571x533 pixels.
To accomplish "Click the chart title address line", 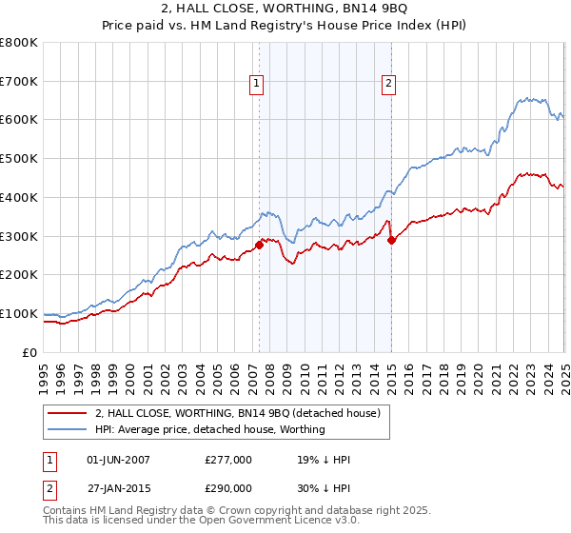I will [x=285, y=11].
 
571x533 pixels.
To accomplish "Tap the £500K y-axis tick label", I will [x=19, y=158].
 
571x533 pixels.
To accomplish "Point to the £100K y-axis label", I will [x=19, y=313].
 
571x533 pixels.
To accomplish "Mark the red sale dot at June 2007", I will [x=259, y=245].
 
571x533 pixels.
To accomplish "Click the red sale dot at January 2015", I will [x=391, y=240].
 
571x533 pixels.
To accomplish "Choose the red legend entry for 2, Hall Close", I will [x=238, y=413].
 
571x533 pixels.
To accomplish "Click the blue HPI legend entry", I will [x=209, y=429].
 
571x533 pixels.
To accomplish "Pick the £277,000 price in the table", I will [x=228, y=460].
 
